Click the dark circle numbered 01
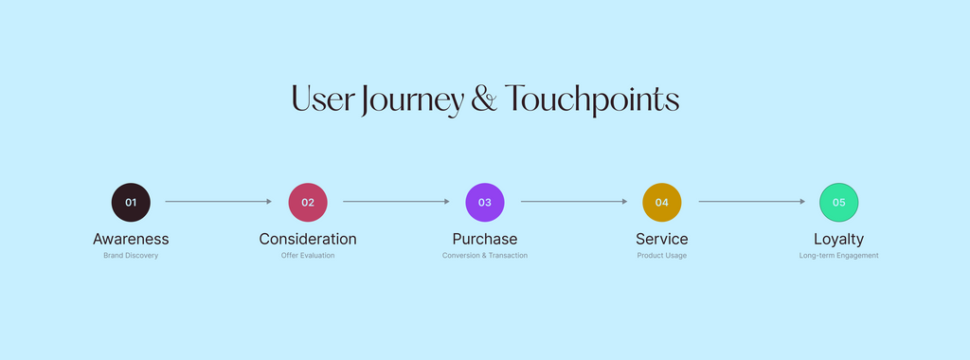[131, 203]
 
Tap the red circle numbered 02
[308, 203]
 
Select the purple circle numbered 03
[485, 203]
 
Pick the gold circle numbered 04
[662, 203]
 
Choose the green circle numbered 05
[839, 203]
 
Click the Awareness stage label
[131, 239]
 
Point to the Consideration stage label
[308, 239]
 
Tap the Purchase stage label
[485, 239]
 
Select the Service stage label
[662, 239]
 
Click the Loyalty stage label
[839, 240]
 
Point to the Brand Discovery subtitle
[131, 256]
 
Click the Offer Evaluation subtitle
[308, 256]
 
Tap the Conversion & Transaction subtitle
[485, 256]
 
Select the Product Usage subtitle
[662, 256]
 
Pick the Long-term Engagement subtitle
[839, 256]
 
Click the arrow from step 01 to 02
[219, 202]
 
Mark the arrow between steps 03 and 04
[574, 202]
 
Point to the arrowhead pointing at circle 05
[803, 202]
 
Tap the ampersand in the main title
[484, 99]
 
